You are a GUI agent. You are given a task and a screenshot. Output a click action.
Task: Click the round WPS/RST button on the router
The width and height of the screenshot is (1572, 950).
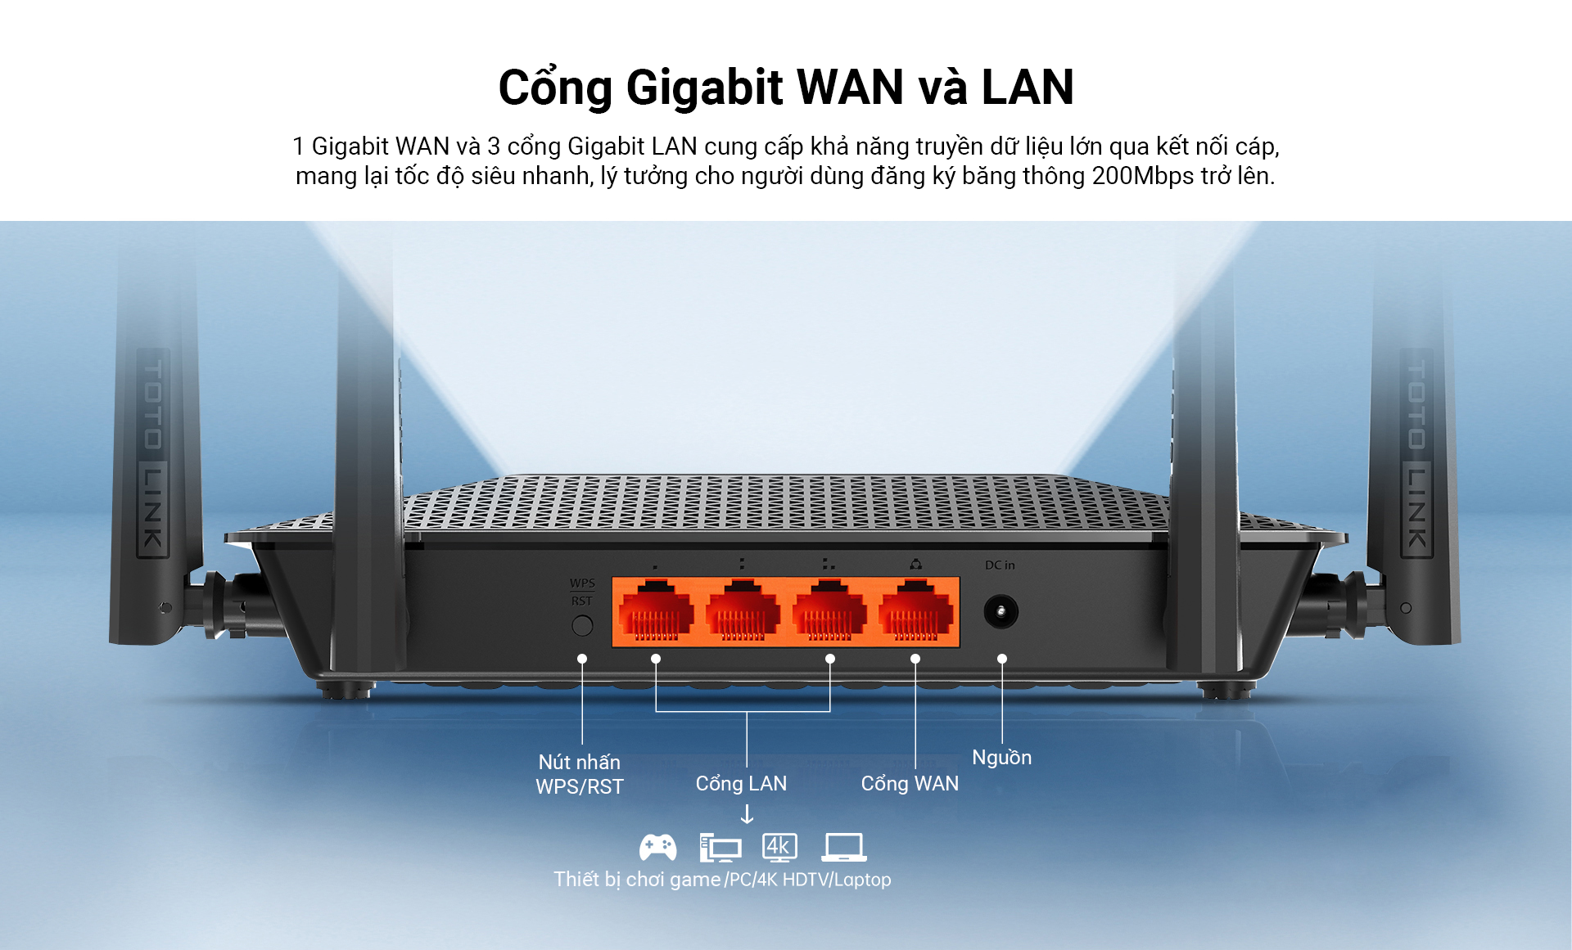pyautogui.click(x=582, y=626)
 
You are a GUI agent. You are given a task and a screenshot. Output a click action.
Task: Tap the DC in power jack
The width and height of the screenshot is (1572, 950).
pyautogui.click(x=1001, y=612)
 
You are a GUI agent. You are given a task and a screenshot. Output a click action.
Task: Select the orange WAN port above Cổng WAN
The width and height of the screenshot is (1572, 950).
pyautogui.click(x=915, y=612)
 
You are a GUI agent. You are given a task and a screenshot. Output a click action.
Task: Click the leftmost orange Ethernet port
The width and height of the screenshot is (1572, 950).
pyautogui.click(x=656, y=612)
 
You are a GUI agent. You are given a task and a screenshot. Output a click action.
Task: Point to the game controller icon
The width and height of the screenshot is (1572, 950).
pyautogui.click(x=657, y=848)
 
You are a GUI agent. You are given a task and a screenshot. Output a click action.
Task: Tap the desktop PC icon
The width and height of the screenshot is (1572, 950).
pyautogui.click(x=720, y=848)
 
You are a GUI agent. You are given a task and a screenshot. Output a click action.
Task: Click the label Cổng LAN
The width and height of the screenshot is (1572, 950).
pyautogui.click(x=741, y=783)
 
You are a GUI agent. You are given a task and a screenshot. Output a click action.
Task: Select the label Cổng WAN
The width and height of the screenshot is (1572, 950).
pyautogui.click(x=910, y=783)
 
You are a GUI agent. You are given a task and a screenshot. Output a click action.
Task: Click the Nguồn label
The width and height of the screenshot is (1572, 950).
pyautogui.click(x=1001, y=757)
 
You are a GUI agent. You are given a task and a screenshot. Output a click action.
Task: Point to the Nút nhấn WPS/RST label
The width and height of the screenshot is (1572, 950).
pyautogui.click(x=580, y=774)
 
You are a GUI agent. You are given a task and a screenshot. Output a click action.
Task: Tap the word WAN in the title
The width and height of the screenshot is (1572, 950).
pyautogui.click(x=850, y=88)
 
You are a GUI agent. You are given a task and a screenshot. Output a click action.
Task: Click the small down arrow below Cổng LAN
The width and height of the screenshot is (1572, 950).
pyautogui.click(x=747, y=814)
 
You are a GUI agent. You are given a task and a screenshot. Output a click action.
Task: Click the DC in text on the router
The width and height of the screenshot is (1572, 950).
pyautogui.click(x=1000, y=565)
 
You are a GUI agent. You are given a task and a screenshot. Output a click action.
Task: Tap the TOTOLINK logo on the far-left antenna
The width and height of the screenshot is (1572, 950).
pyautogui.click(x=153, y=454)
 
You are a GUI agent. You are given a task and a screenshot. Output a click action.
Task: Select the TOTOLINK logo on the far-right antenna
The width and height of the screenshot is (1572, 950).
pyautogui.click(x=1416, y=454)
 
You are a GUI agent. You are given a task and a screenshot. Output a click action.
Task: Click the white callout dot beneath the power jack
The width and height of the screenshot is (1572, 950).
pyautogui.click(x=1002, y=659)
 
